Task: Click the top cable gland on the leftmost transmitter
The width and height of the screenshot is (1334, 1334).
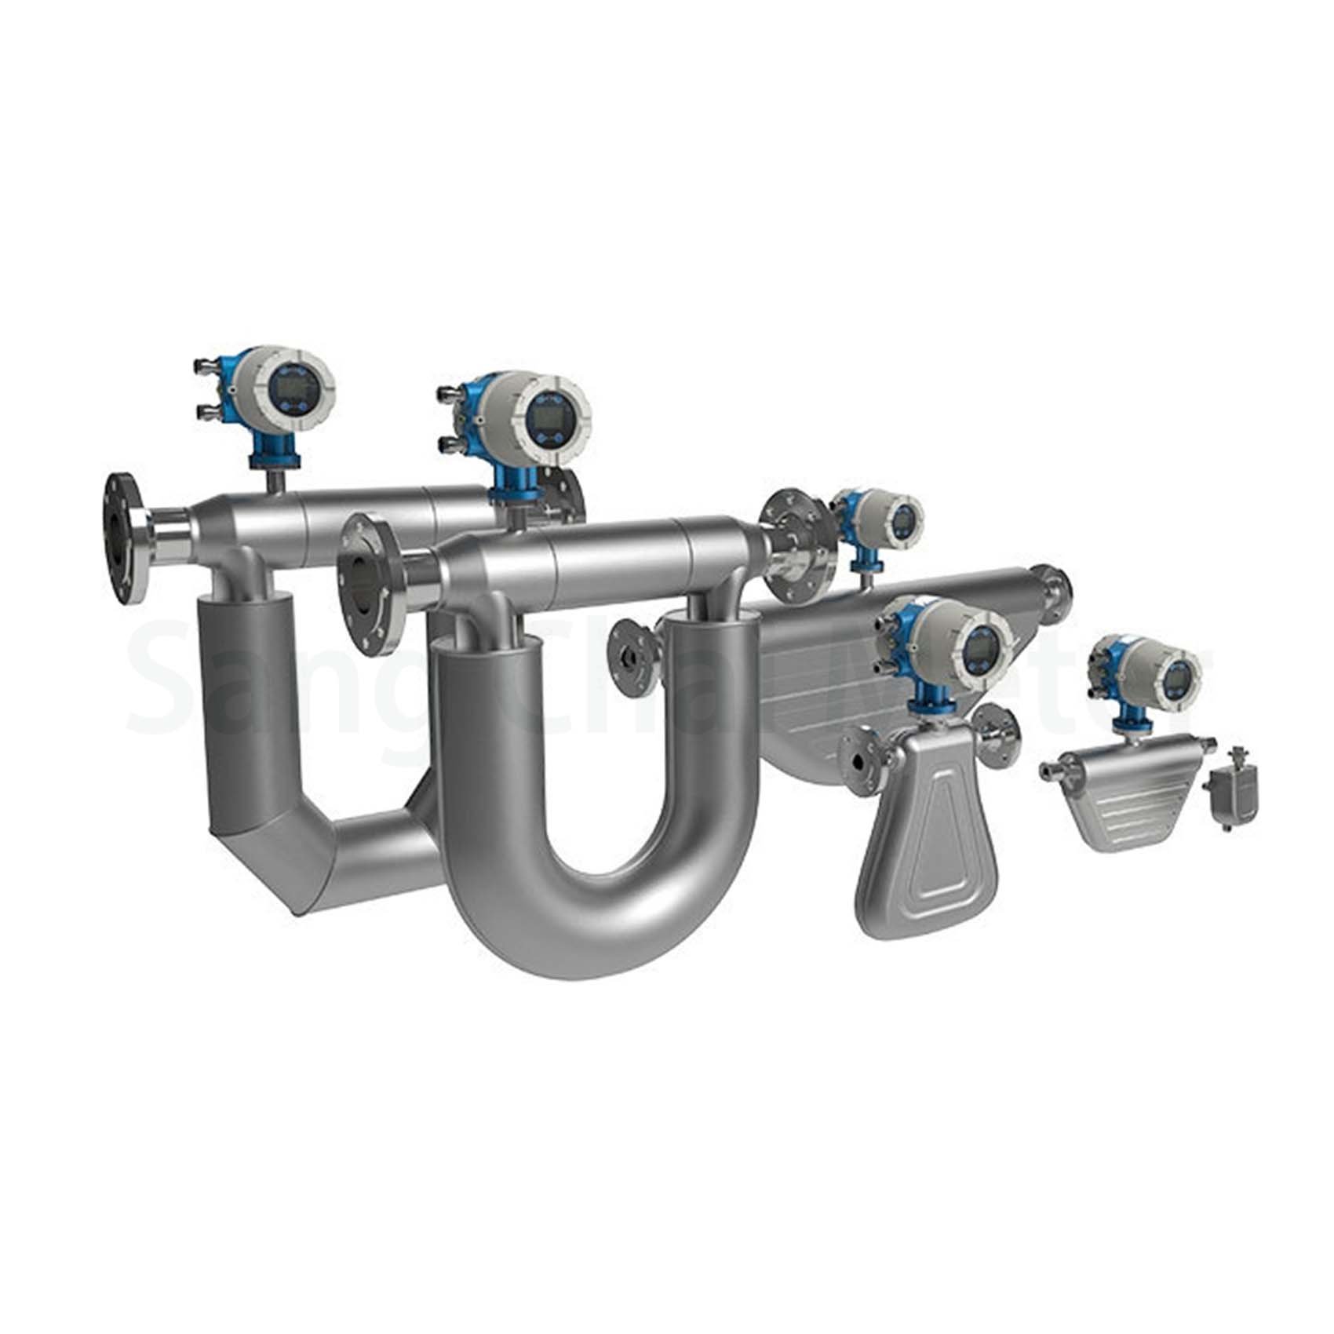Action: pos(205,366)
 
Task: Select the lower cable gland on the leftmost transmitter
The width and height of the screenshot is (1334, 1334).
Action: pos(206,409)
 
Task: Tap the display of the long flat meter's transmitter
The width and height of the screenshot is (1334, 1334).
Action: pos(906,522)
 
